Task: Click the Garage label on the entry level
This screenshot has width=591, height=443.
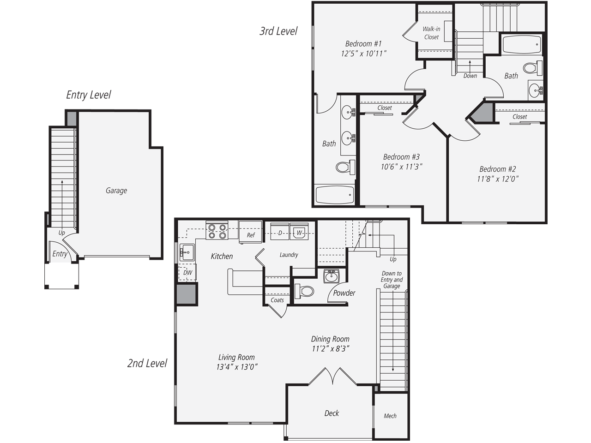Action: [116, 191]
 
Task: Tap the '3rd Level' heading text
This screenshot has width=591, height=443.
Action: [278, 31]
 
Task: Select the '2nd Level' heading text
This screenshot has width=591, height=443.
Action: [147, 364]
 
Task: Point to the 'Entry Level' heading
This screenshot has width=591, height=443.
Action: [88, 95]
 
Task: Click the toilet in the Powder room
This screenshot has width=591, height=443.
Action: [305, 291]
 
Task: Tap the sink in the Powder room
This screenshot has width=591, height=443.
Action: [331, 276]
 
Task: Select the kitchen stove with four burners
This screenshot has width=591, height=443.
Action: [217, 231]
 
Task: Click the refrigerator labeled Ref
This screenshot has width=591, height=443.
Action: [250, 232]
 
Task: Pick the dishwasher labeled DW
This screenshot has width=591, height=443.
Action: [187, 272]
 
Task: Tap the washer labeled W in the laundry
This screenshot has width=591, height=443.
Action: [299, 233]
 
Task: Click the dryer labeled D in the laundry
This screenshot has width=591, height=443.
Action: [280, 233]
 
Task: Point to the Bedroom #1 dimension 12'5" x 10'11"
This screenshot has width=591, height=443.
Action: [363, 54]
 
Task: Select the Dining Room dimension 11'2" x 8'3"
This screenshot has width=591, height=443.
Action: [330, 349]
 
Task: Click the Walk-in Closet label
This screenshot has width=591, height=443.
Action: [431, 33]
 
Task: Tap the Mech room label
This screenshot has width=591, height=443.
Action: [390, 416]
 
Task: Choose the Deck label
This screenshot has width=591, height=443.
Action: [332, 413]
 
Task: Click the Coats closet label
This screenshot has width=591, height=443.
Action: [277, 300]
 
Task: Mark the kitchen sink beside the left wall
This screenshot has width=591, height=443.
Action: [187, 252]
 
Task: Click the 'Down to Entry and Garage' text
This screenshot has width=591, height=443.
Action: [392, 280]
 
